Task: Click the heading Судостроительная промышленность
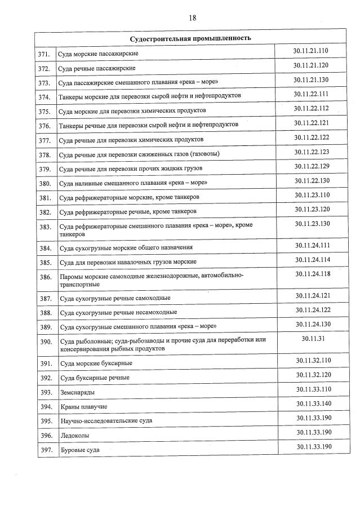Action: tap(190, 38)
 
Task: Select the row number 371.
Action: tap(45, 54)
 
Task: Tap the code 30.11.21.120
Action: tap(311, 65)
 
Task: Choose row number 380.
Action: tap(45, 183)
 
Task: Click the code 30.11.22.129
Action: tap(311, 166)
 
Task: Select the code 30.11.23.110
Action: tap(312, 195)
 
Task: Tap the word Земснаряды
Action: tap(77, 392)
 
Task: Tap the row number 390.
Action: tap(45, 342)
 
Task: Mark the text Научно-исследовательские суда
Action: tap(106, 421)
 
